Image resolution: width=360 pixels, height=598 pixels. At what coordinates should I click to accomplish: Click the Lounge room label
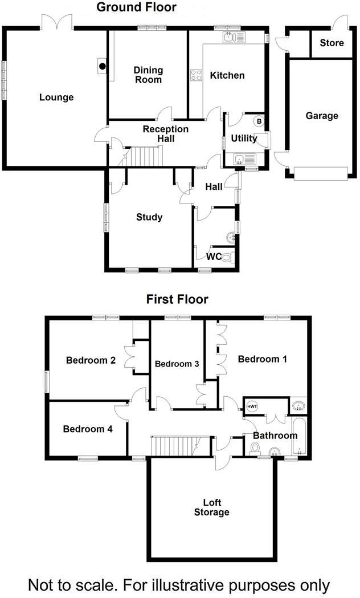56,97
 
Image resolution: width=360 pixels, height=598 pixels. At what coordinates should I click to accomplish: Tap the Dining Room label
148,75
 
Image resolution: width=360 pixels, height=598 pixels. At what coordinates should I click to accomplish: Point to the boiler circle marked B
259,121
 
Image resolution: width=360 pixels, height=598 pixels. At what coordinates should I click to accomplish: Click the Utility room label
244,139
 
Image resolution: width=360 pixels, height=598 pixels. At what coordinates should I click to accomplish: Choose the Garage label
322,116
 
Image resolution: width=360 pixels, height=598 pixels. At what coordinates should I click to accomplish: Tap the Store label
332,43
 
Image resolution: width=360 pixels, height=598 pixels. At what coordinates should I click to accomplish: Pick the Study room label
149,217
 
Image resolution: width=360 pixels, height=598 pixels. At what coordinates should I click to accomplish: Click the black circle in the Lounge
103,66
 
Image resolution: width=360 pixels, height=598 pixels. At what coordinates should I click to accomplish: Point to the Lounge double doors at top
57,22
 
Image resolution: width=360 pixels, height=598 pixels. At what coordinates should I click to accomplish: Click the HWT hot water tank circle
252,406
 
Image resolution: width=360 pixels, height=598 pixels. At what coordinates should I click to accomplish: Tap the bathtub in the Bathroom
299,436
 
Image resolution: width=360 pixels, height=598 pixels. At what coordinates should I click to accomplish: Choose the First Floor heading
177,299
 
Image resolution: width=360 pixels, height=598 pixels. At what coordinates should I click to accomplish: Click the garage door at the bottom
320,173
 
